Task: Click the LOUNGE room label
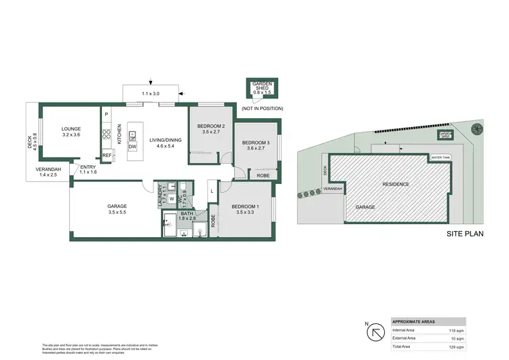pos(71,128)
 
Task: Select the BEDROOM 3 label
pos(256,142)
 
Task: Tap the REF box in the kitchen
pos(107,155)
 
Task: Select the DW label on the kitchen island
pos(133,147)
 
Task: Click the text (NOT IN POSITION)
pos(262,109)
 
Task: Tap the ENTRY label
pos(88,167)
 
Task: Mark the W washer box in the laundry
pos(171,199)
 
